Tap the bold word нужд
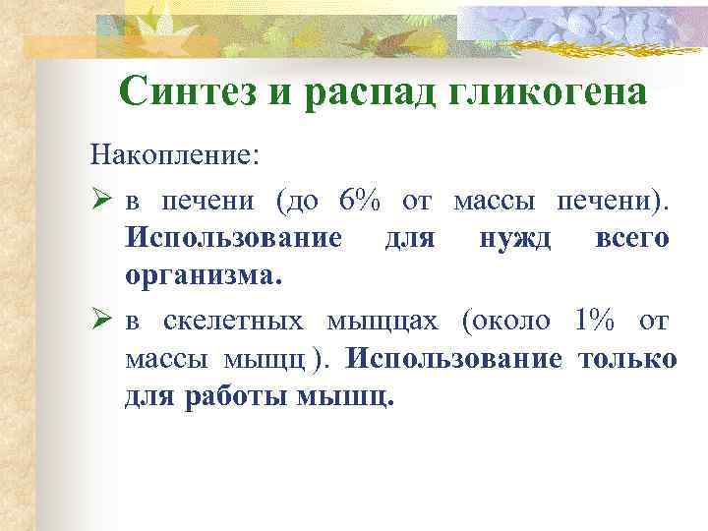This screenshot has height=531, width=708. coord(515,239)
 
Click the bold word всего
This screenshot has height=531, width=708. coord(632,239)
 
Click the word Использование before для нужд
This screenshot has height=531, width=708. coord(234,239)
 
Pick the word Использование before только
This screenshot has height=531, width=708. coord(454,358)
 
